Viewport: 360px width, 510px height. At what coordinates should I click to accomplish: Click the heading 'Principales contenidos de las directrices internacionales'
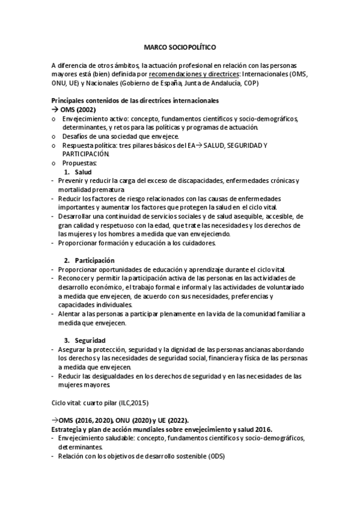pos(135,101)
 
